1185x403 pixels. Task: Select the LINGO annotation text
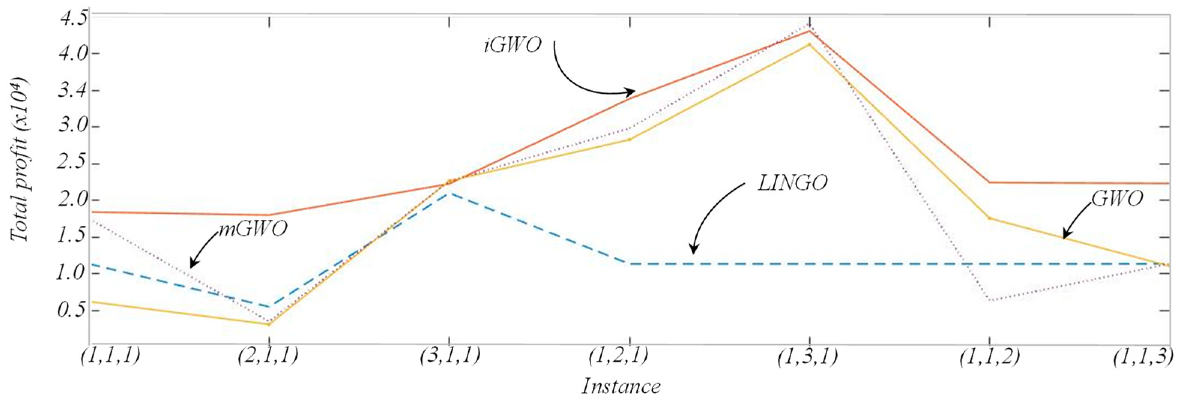[793, 183]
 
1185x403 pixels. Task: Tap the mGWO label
[253, 229]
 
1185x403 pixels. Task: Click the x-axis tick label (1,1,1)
[111, 357]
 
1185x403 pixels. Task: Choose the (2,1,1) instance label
[269, 357]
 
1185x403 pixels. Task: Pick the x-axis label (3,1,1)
[450, 357]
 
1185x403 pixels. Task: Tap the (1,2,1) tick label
[618, 357]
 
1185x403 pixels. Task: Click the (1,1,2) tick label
[989, 357]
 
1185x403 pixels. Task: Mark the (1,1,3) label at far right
[1143, 357]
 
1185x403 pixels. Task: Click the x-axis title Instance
[621, 386]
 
